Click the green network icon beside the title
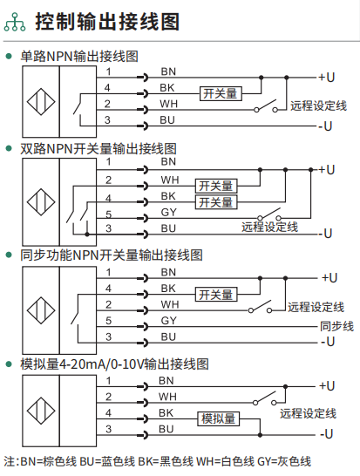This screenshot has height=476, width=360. (x=15, y=22)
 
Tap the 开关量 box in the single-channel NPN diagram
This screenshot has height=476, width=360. (x=221, y=93)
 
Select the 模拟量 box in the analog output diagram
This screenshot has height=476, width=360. (x=219, y=419)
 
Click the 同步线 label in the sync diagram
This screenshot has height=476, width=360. (x=337, y=326)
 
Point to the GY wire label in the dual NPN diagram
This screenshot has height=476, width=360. (x=168, y=212)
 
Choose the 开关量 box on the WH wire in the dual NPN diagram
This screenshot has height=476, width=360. (x=216, y=186)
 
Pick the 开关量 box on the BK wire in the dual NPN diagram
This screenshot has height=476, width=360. (x=216, y=202)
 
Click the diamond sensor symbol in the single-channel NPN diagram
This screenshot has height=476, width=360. (x=41, y=102)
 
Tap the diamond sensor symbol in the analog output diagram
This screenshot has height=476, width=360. (x=41, y=411)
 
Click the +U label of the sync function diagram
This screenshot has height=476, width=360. (x=329, y=278)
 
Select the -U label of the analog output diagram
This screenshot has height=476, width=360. (x=327, y=434)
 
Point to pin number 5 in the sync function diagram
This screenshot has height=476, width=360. (x=109, y=321)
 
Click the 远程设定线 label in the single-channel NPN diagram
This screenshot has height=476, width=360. (x=318, y=106)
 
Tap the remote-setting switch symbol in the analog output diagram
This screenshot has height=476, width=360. (x=265, y=398)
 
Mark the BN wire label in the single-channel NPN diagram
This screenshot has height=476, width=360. (x=168, y=71)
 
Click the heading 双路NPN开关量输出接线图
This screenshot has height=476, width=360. (x=98, y=148)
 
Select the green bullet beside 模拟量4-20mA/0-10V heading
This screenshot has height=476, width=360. (x=9, y=364)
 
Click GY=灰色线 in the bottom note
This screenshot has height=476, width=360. (x=284, y=462)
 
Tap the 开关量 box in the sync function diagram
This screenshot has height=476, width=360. (x=216, y=295)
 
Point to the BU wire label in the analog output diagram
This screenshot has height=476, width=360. (x=166, y=429)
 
